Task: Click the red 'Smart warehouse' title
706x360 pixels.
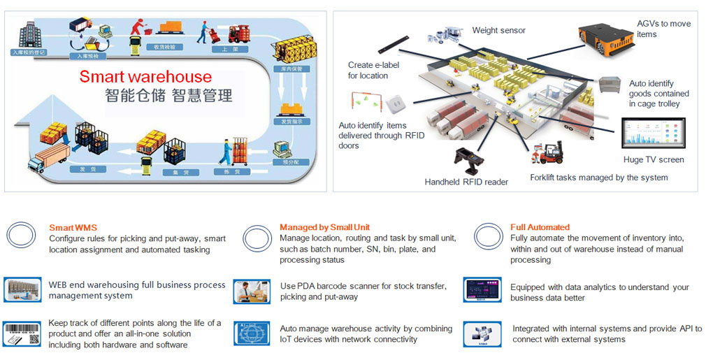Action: (145, 76)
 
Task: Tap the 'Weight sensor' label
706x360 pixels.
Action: (498, 30)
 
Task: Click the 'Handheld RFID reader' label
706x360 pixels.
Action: (466, 182)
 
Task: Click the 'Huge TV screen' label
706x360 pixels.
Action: (654, 159)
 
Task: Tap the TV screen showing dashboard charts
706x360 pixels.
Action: (654, 134)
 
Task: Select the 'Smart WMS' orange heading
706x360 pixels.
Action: (73, 227)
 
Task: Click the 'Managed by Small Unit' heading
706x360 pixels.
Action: (324, 227)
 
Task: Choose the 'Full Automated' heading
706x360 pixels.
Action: (540, 227)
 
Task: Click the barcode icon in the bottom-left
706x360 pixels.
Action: (21, 333)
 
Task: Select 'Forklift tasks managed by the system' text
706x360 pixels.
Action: (598, 178)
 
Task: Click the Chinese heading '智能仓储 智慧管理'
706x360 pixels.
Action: (168, 96)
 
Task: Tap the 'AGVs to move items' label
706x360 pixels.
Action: (663, 29)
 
